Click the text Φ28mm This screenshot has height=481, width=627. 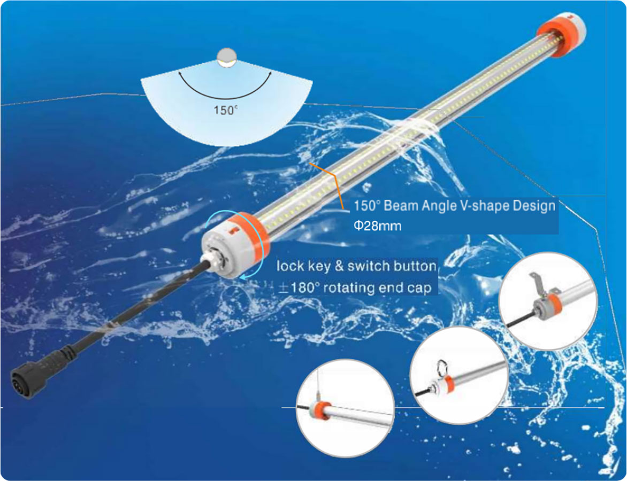pyautogui.click(x=377, y=226)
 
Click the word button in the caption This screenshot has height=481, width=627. pyautogui.click(x=415, y=266)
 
